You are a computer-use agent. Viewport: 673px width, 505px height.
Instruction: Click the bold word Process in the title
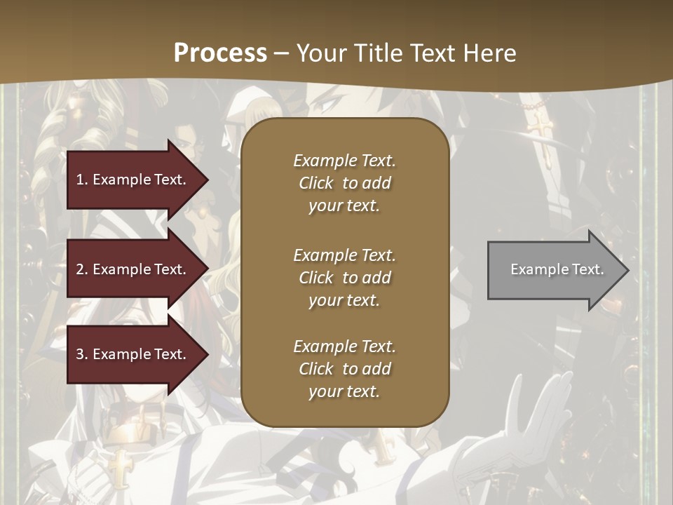pos(220,53)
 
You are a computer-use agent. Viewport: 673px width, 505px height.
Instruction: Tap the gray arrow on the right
pos(554,270)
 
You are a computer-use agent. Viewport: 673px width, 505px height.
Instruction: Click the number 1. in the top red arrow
pos(82,180)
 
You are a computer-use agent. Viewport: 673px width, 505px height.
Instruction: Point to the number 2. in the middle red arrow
pos(82,269)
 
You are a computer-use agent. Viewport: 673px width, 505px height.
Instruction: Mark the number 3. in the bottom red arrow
pos(82,354)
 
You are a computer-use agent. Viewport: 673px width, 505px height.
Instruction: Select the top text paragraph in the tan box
pos(344,183)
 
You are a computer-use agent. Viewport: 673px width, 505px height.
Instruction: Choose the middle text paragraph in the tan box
pos(344,278)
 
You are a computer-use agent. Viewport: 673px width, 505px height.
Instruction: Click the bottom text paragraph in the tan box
pos(344,369)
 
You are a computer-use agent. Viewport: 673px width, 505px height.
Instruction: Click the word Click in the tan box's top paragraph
pos(316,183)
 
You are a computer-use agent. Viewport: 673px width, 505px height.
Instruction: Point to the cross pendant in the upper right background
pos(540,126)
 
